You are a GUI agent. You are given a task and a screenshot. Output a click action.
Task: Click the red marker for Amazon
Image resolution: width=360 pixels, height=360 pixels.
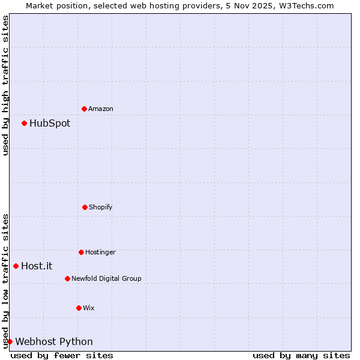(84, 109)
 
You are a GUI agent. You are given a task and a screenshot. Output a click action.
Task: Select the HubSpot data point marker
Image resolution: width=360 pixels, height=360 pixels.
(24, 123)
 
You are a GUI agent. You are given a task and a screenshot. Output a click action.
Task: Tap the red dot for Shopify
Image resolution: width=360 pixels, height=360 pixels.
(85, 207)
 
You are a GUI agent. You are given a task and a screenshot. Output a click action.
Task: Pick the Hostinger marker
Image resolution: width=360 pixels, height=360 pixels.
(81, 252)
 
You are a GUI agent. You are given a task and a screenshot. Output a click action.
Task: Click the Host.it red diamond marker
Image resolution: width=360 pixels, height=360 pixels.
(16, 266)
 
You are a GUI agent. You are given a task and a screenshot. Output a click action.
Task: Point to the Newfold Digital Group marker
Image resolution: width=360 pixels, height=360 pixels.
(67, 278)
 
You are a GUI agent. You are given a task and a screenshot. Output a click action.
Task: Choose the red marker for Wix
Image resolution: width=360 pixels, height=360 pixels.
(79, 308)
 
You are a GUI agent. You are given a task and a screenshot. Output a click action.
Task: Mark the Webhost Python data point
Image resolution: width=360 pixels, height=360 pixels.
(10, 341)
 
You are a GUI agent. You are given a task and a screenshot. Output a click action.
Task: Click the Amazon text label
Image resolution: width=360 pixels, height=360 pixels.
(101, 109)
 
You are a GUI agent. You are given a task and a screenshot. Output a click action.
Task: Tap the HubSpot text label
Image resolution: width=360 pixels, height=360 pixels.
(50, 123)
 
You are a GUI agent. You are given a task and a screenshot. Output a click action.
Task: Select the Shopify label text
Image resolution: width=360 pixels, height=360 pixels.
(101, 207)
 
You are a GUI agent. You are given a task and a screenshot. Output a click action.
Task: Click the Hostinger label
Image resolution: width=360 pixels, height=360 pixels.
(100, 252)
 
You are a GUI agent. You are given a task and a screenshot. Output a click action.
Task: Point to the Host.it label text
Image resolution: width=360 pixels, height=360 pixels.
(37, 266)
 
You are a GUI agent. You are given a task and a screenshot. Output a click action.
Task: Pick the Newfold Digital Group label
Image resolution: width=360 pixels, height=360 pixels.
(106, 278)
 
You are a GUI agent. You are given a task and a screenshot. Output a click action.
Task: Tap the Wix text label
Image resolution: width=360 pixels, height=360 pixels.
(89, 308)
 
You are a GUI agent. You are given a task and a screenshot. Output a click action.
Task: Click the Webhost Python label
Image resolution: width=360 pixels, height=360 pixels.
(54, 341)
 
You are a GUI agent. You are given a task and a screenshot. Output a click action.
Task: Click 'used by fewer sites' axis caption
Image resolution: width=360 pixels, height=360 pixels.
(62, 355)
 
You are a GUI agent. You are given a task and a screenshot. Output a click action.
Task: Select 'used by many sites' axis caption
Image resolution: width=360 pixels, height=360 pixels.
(301, 355)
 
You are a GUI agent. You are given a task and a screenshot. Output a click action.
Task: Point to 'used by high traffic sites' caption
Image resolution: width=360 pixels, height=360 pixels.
(5, 85)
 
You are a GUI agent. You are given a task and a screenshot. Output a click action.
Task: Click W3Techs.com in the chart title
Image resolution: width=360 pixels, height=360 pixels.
(305, 5)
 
